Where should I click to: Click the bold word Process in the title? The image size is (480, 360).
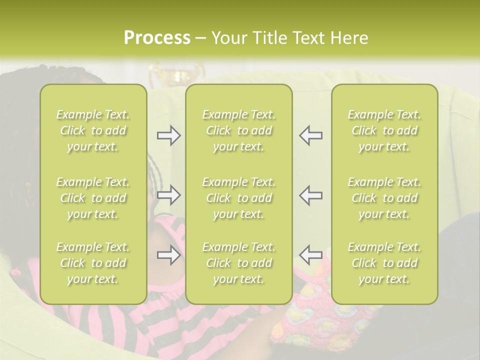coord(157,38)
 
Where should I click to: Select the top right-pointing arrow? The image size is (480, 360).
coord(168,135)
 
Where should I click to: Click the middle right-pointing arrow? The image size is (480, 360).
coord(168,195)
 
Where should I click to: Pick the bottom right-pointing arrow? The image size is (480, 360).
coord(168,255)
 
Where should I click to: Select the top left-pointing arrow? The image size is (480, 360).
coord(310,135)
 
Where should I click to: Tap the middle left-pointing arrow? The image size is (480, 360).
coord(310,195)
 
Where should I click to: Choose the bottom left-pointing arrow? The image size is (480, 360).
coord(310,255)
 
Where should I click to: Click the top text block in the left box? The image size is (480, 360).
coord(93,130)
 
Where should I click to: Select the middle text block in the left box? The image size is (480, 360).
coord(93,198)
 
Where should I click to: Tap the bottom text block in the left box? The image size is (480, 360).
coord(93,263)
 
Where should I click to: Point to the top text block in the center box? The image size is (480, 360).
coord(239,130)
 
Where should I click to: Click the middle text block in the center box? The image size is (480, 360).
coord(239,198)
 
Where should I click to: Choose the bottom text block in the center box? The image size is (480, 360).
coord(239,263)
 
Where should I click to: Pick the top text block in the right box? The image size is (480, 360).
coord(384,130)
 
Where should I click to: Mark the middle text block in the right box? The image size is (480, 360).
coord(384,198)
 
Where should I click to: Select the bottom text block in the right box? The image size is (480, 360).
coord(384,263)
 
